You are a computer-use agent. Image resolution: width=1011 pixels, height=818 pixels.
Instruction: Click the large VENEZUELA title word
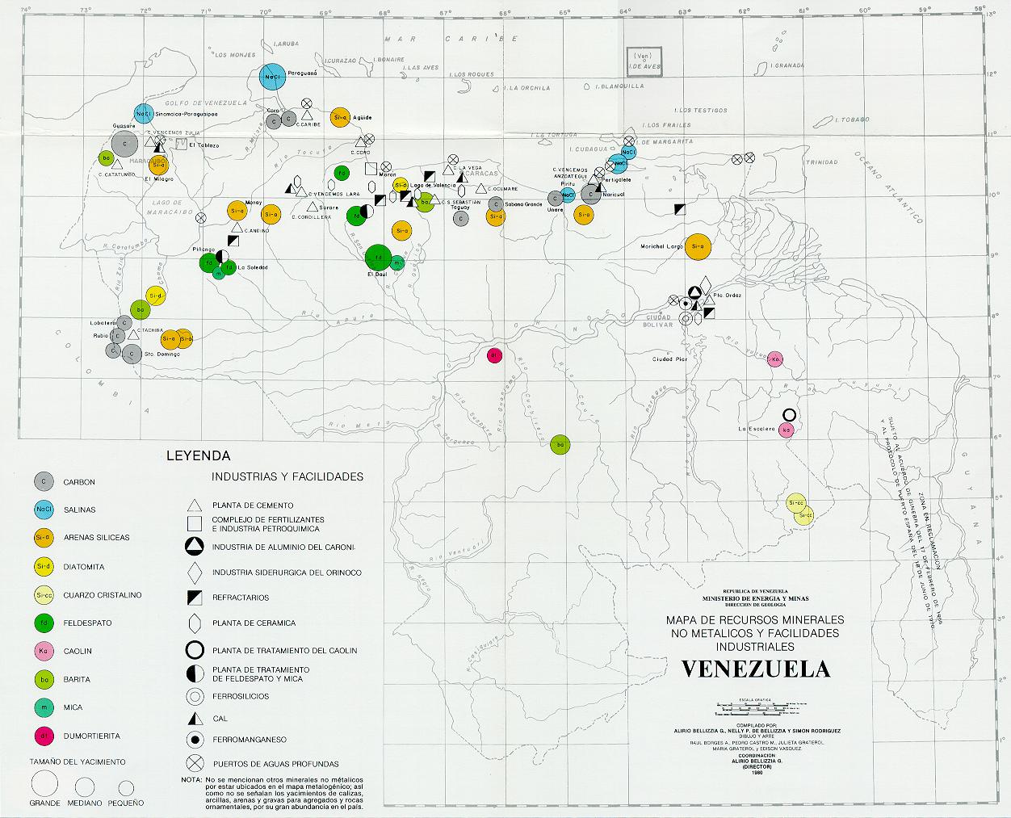coord(755,669)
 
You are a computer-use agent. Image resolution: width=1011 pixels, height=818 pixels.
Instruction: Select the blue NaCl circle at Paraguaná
coord(271,77)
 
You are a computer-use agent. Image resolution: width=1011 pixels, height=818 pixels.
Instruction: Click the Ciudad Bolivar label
coord(656,319)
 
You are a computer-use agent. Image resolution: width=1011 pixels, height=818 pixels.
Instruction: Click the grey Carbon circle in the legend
coord(43,482)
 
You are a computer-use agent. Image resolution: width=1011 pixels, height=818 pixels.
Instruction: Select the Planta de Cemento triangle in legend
coord(194,505)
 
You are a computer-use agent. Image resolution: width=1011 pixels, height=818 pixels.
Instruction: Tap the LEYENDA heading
coord(198,455)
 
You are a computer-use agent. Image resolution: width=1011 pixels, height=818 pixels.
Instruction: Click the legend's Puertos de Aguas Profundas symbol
coord(194,763)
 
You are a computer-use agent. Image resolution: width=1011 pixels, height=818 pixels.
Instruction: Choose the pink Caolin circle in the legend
coord(43,651)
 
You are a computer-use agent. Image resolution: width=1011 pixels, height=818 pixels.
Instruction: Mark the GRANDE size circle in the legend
coord(45,784)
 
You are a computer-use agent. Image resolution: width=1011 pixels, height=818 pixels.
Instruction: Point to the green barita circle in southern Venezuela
coord(560,444)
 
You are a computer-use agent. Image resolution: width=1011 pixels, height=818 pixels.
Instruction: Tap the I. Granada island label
coord(787,65)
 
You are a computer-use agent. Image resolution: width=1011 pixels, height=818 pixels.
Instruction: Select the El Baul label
coord(378,275)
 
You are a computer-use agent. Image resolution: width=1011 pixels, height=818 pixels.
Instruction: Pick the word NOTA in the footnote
coord(191,780)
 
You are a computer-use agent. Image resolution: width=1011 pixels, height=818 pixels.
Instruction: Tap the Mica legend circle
coord(43,707)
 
